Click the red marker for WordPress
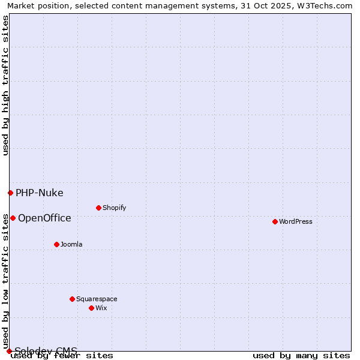click(275, 221)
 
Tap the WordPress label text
click(296, 221)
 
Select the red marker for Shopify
click(99, 208)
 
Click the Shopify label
click(114, 208)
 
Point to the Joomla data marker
click(57, 244)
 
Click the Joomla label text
click(71, 244)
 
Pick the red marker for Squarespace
click(73, 299)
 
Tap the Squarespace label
click(97, 299)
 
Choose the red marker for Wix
click(92, 308)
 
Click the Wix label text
click(101, 308)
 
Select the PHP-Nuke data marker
click(10, 193)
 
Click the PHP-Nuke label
click(40, 193)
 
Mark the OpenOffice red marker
click(13, 218)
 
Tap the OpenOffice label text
click(44, 218)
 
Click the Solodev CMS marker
click(9, 351)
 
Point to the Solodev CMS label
click(46, 351)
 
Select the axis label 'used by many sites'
click(301, 356)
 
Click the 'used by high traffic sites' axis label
click(6, 85)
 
